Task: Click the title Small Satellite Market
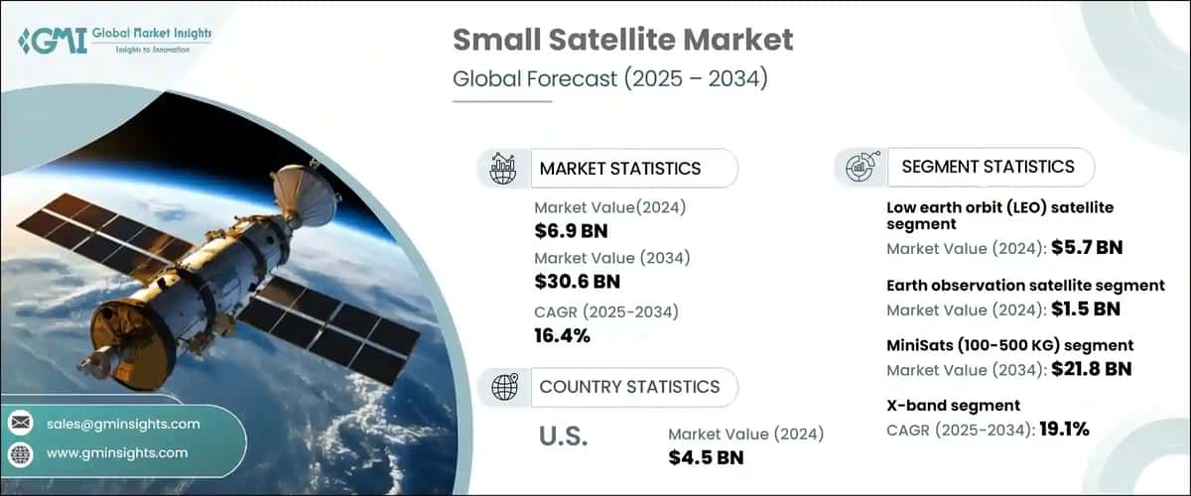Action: coord(622,40)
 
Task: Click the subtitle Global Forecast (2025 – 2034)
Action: coord(609,79)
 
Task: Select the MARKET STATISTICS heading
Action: coord(619,169)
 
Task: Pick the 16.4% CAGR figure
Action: coord(562,335)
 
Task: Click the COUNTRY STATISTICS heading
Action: coord(629,386)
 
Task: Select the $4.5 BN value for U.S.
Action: coord(706,456)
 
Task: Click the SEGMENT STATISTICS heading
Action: coord(988,167)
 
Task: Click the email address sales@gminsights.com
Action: coord(123,424)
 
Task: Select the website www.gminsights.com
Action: coord(116,452)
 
